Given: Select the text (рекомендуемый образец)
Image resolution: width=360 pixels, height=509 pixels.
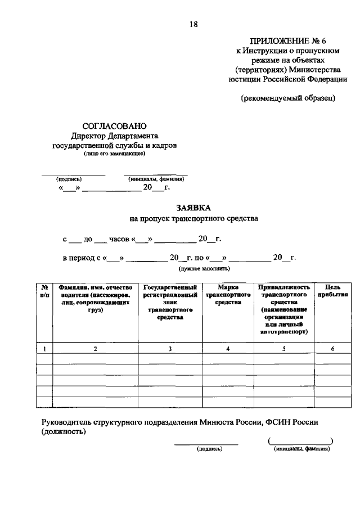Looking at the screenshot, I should pos(288,98).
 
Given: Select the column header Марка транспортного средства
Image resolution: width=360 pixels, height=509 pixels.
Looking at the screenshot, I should pos(228,294).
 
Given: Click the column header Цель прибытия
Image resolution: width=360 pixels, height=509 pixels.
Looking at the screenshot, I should pos(332,290).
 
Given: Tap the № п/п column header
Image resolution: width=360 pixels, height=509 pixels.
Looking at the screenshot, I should pos(44,290).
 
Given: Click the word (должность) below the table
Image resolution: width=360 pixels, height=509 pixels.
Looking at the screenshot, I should pos(64,432).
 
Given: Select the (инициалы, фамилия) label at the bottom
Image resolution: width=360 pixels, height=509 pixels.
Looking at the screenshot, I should pos(301,449).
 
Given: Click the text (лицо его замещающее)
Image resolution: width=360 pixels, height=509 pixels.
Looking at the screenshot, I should pos(114,153).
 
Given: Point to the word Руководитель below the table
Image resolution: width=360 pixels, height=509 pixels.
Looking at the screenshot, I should pos(66,422).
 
